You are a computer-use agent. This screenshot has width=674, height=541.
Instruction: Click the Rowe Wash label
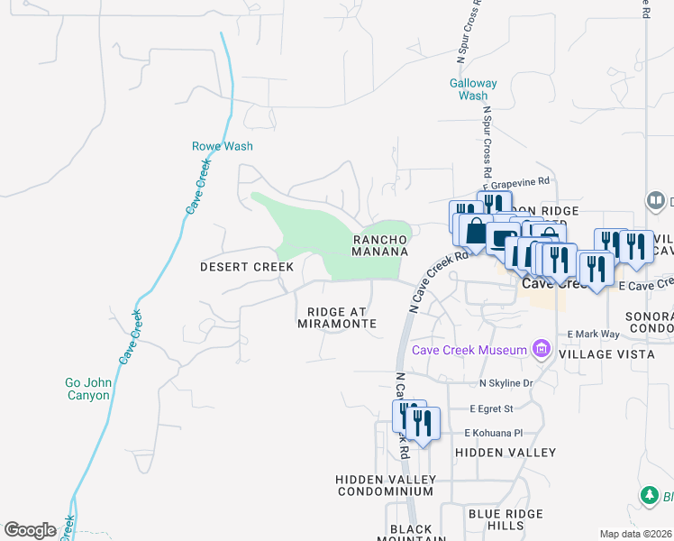coord(222,146)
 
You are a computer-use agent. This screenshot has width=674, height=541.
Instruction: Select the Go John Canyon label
coord(88,389)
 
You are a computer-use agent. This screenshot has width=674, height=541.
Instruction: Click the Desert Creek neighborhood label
coord(246,267)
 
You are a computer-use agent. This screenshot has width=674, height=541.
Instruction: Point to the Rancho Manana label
coord(380,245)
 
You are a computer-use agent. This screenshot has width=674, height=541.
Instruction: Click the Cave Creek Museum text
coord(469,350)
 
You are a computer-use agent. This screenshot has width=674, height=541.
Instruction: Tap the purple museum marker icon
coord(541,349)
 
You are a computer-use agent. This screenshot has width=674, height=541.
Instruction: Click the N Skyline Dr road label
coord(506,384)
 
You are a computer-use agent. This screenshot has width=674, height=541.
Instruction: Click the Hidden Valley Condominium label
coord(386,485)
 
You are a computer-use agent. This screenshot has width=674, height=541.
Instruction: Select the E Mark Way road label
coord(593,334)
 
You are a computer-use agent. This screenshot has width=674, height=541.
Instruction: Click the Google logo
coord(30,530)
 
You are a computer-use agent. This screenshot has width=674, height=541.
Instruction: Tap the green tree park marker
coord(649,496)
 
